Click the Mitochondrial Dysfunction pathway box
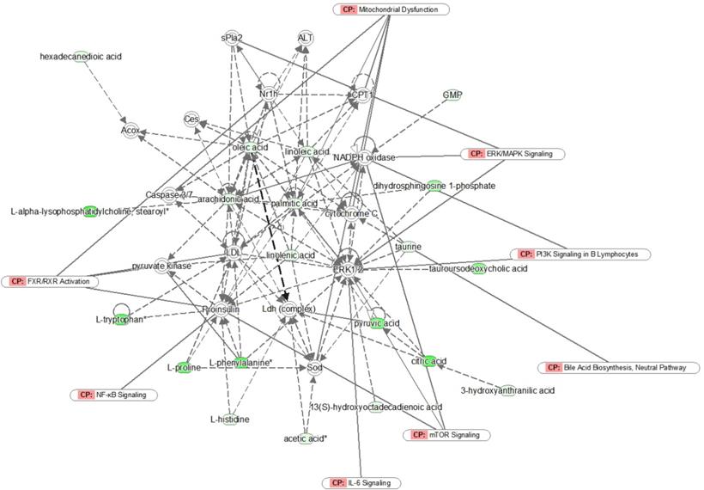pyautogui.click(x=391, y=9)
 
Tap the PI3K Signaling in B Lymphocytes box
pyautogui.click(x=580, y=254)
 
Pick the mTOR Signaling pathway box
pyautogui.click(x=446, y=435)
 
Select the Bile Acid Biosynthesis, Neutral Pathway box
pyautogui.click(x=618, y=368)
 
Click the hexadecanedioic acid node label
pyautogui.click(x=81, y=57)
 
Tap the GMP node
pyautogui.click(x=452, y=95)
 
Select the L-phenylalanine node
pyautogui.click(x=241, y=364)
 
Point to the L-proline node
pyautogui.click(x=184, y=368)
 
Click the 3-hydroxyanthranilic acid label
pyautogui.click(x=507, y=390)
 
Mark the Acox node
pyautogui.click(x=130, y=130)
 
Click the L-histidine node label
pyautogui.click(x=230, y=420)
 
